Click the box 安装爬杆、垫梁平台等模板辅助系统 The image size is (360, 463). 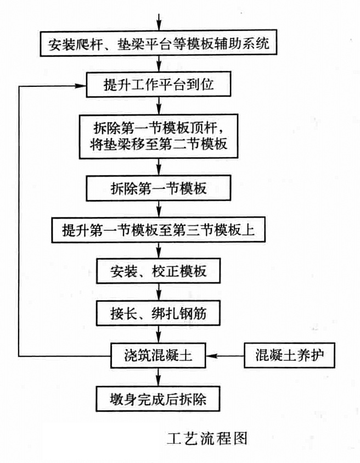[x=159, y=42]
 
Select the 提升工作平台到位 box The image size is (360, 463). [x=159, y=86]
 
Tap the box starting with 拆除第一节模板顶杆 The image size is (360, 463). [x=159, y=136]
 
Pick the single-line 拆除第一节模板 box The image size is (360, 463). [x=159, y=188]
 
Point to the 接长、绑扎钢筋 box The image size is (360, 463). [x=159, y=313]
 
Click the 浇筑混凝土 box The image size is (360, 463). [x=159, y=355]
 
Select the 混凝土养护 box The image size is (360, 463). [x=289, y=355]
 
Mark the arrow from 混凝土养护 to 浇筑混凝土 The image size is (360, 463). [x=226, y=355]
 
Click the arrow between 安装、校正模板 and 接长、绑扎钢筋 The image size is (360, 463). [x=159, y=293]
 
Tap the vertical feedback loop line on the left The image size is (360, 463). [x=19, y=220]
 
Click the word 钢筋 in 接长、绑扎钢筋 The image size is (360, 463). [x=192, y=313]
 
